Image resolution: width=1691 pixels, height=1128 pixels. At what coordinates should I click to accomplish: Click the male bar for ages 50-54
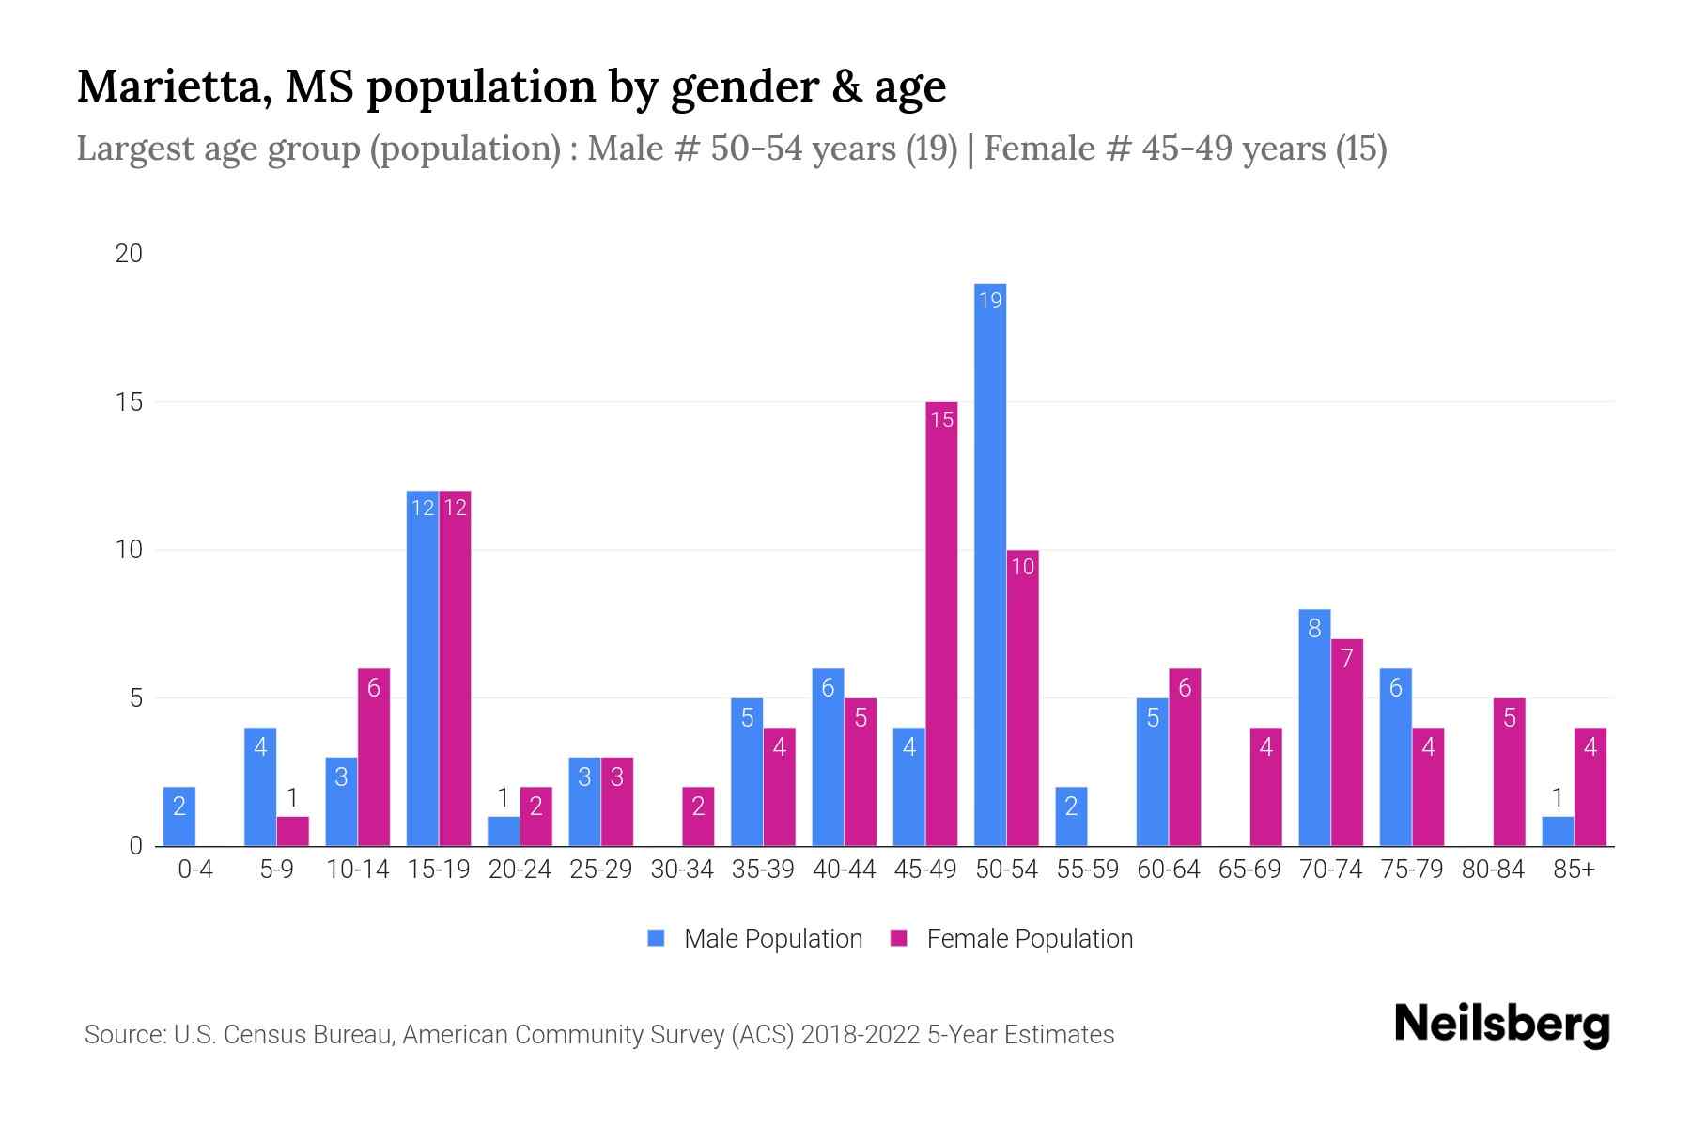pyautogui.click(x=990, y=564)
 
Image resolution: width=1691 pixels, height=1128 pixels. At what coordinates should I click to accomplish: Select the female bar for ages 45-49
pyautogui.click(x=941, y=624)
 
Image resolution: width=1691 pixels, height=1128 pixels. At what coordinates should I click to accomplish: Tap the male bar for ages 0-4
pyautogui.click(x=179, y=816)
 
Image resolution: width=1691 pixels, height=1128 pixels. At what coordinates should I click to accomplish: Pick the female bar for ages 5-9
pyautogui.click(x=292, y=831)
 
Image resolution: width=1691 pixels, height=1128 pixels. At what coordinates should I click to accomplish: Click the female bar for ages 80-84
pyautogui.click(x=1509, y=772)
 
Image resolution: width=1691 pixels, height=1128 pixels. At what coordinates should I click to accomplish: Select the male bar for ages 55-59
pyautogui.click(x=1071, y=816)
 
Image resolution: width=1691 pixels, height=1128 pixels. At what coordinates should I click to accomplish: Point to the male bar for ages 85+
pyautogui.click(x=1558, y=832)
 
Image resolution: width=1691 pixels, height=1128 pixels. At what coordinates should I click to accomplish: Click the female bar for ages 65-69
pyautogui.click(x=1265, y=787)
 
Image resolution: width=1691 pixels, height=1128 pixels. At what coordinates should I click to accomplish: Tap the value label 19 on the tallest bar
pyautogui.click(x=990, y=301)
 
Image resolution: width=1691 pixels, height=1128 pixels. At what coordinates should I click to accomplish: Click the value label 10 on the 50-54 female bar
pyautogui.click(x=1022, y=567)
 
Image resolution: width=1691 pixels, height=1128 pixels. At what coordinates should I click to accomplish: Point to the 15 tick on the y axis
pyautogui.click(x=129, y=402)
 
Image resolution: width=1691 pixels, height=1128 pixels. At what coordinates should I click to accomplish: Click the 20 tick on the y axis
pyautogui.click(x=129, y=254)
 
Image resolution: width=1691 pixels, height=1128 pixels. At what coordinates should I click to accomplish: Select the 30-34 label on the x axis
pyautogui.click(x=682, y=869)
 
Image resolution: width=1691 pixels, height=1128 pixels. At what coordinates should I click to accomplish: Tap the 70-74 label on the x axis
pyautogui.click(x=1330, y=869)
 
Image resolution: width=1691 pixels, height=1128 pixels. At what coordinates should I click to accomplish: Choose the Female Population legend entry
pyautogui.click(x=1012, y=938)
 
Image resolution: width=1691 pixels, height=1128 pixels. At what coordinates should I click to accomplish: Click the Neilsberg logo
pyautogui.click(x=1501, y=1025)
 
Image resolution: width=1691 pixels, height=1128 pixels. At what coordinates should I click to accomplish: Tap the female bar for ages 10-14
pyautogui.click(x=374, y=757)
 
